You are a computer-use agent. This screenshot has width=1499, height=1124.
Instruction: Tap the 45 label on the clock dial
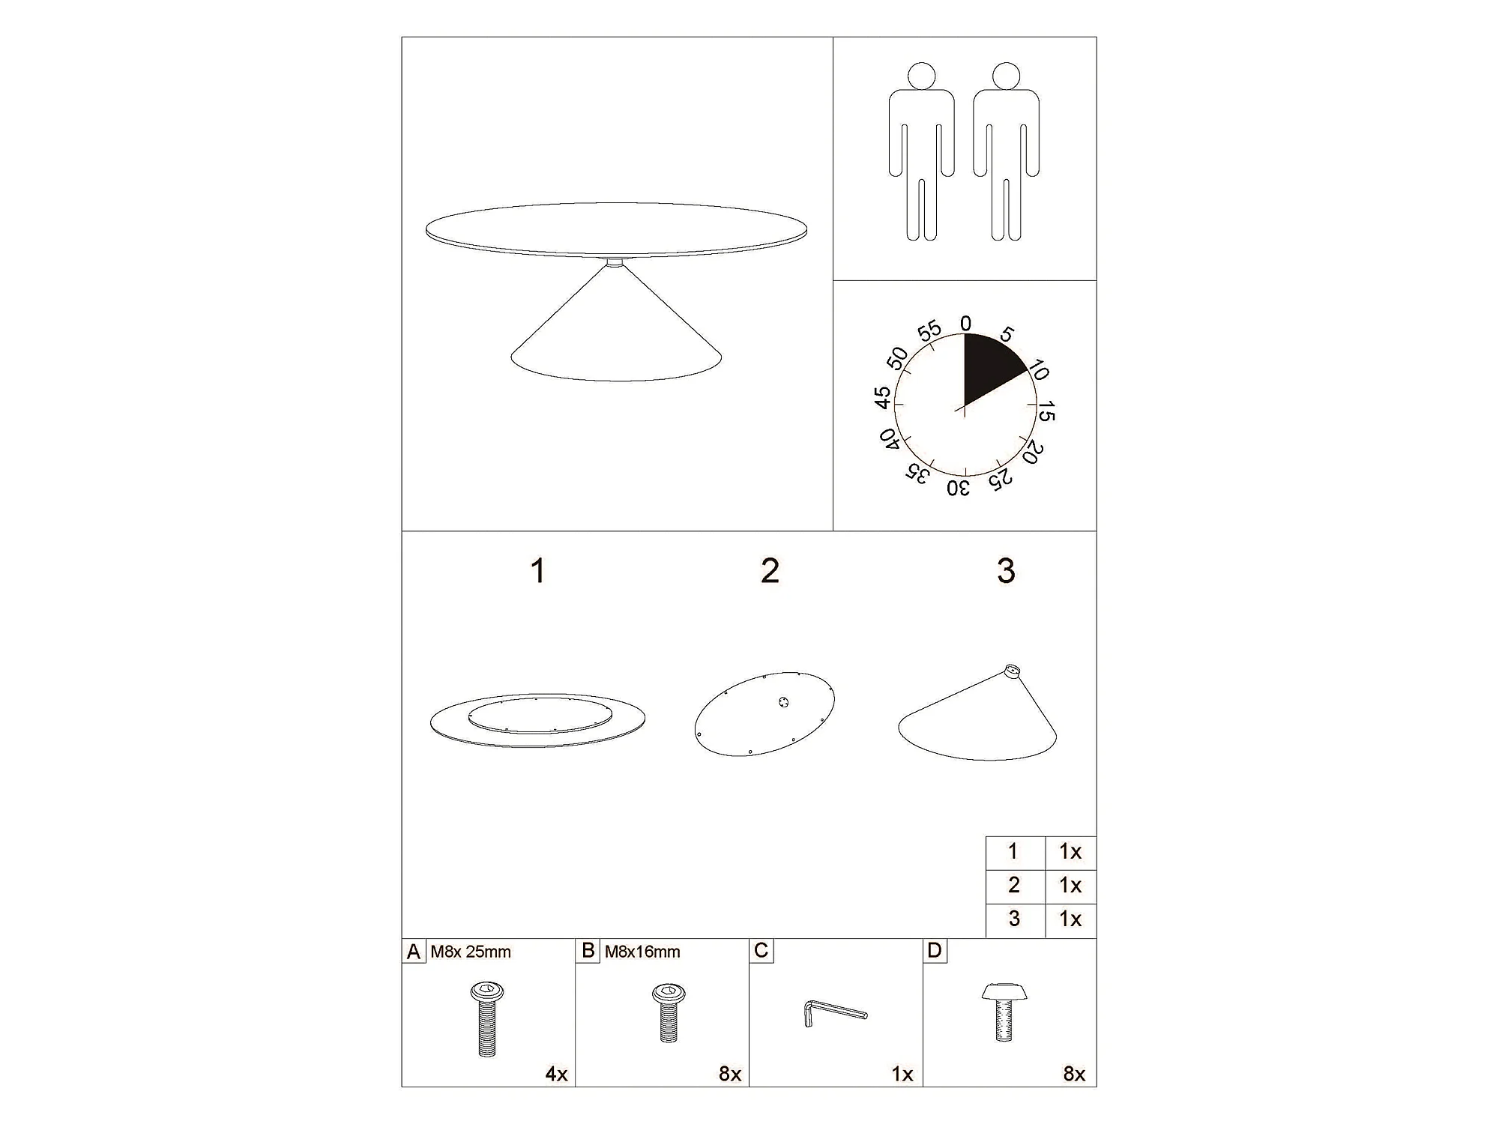884,398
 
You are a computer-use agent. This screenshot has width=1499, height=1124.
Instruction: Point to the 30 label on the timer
959,489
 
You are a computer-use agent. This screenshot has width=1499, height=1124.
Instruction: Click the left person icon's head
922,76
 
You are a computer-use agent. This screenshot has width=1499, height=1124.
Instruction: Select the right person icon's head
1006,76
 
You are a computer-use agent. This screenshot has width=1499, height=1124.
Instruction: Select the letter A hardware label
413,952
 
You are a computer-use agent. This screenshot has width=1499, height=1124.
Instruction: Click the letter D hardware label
934,950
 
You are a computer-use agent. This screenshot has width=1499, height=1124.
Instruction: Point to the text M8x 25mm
471,952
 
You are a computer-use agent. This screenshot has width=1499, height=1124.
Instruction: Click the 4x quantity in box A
556,1074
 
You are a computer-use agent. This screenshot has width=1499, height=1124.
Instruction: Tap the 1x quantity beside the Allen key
902,1074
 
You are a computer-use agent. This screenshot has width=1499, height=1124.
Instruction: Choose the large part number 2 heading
770,571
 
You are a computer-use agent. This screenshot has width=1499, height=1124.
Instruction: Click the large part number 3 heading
1006,571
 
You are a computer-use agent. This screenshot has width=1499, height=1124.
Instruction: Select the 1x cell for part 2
1070,885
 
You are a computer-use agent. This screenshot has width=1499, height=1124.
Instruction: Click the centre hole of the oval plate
783,703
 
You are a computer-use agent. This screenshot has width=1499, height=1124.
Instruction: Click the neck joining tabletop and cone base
615,262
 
